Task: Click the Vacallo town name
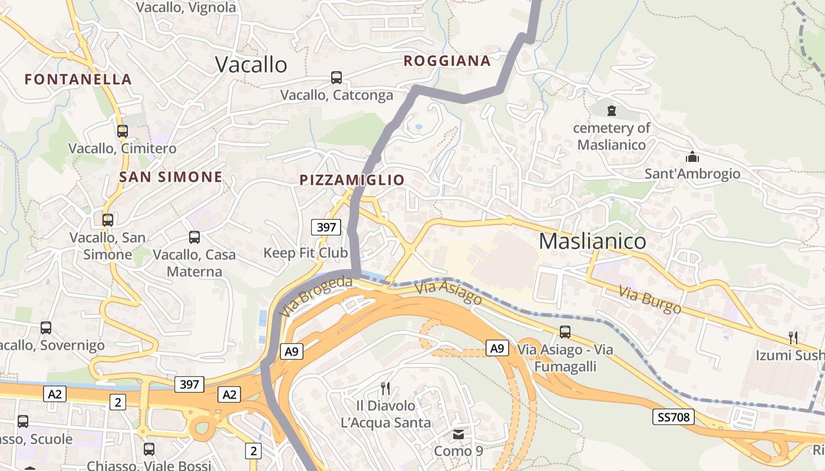click(251, 64)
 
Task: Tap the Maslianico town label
click(592, 241)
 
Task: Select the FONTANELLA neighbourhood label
click(78, 79)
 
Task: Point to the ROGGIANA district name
click(447, 61)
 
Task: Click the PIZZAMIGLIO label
click(352, 180)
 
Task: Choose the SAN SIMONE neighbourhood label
click(171, 177)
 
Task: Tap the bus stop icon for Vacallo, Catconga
click(336, 77)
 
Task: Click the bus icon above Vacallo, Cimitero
click(123, 131)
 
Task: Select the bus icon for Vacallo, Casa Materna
click(194, 237)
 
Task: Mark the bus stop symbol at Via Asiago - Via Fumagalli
click(565, 332)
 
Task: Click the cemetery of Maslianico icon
click(612, 110)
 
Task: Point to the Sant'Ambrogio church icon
click(692, 157)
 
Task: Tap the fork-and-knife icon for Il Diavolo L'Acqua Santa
click(385, 388)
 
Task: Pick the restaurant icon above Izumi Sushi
click(793, 338)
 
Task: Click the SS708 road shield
click(674, 417)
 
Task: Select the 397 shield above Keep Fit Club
click(326, 227)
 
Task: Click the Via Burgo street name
click(650, 300)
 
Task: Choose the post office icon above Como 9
click(458, 434)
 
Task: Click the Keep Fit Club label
click(305, 253)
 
